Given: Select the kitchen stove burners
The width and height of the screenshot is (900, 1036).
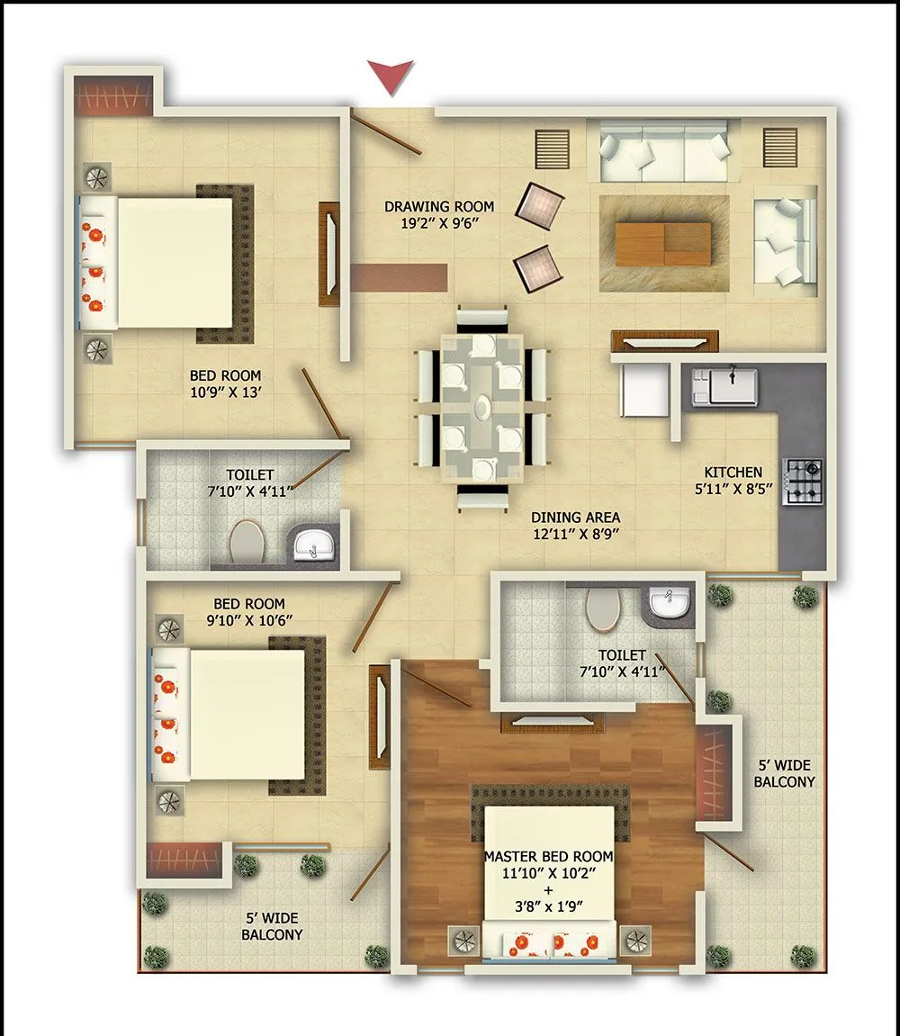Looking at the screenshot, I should pyautogui.click(x=803, y=482).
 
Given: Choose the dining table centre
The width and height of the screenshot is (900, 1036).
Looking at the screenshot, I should pyautogui.click(x=483, y=407).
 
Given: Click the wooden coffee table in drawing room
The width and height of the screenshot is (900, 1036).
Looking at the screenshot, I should pyautogui.click(x=663, y=242).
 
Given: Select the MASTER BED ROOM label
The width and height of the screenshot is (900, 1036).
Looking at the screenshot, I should pyautogui.click(x=548, y=856).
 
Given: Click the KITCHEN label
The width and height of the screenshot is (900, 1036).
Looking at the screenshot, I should pyautogui.click(x=733, y=472).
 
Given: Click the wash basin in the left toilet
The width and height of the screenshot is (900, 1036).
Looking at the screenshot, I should pyautogui.click(x=312, y=544).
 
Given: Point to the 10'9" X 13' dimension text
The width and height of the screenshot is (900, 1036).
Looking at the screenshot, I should pyautogui.click(x=225, y=392).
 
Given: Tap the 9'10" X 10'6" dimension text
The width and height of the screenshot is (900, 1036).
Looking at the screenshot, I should pyautogui.click(x=249, y=620).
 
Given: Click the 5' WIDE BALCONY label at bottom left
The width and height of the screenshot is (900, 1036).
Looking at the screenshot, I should pyautogui.click(x=272, y=926).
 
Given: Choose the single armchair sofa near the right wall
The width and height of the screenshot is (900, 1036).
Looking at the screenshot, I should pyautogui.click(x=784, y=240).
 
